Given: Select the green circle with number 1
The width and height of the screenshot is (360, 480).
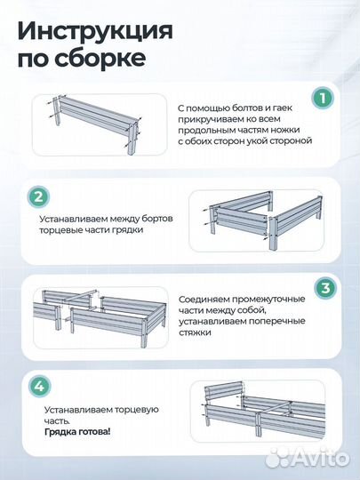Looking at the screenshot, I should tap(324, 97).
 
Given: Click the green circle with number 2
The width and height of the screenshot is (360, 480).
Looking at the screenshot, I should tap(38, 197).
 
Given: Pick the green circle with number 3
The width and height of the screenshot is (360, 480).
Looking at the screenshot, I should tap(324, 289).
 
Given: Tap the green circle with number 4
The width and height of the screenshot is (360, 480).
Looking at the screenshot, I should tap(38, 387).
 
